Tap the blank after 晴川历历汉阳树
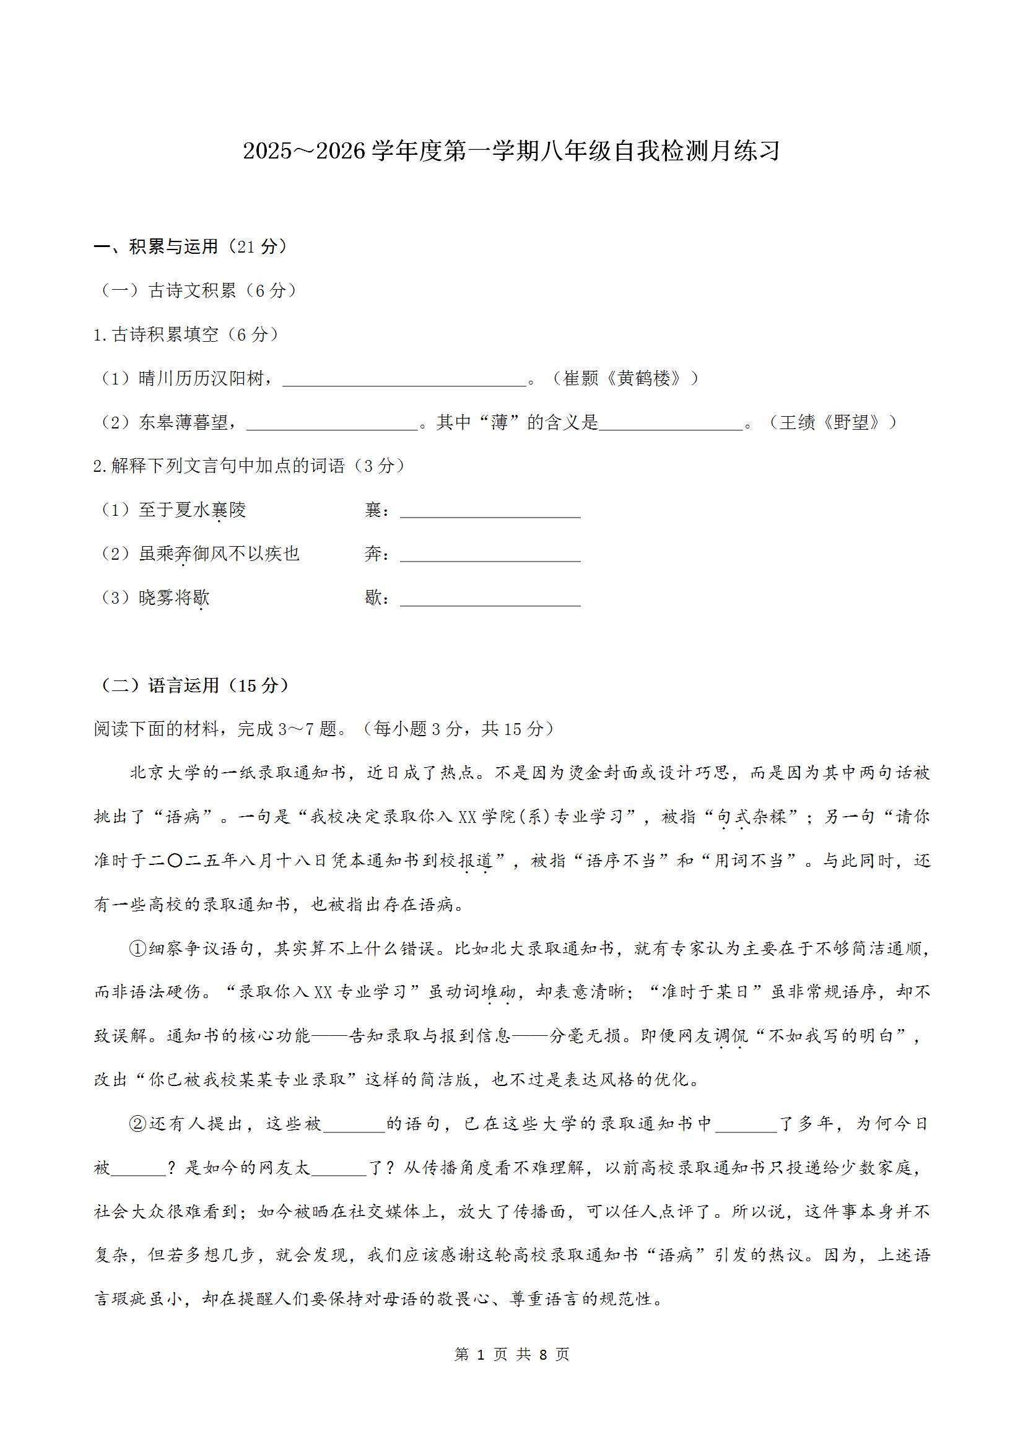(x=404, y=380)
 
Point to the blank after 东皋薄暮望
(x=333, y=424)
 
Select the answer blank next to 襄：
(x=490, y=511)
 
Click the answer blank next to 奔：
(x=490, y=555)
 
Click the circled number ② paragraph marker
(x=137, y=1124)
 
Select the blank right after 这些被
(x=354, y=1125)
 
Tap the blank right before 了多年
(x=746, y=1125)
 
